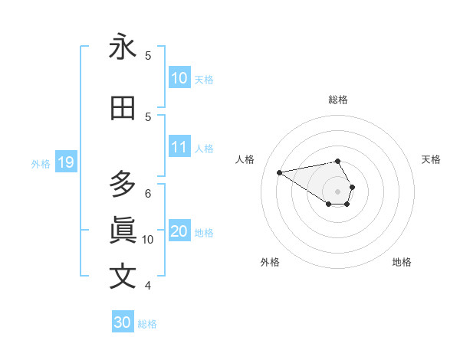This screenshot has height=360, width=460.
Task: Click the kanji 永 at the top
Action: [123, 47]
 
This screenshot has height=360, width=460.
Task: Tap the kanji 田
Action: [123, 109]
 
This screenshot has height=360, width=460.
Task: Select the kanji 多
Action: [123, 185]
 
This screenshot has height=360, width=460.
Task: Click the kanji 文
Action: [123, 276]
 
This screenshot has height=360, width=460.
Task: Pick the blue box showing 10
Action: [179, 78]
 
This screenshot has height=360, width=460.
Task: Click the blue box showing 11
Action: [179, 147]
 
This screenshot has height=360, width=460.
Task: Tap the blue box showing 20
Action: [179, 231]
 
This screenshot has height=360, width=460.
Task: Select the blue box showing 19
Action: [65, 162]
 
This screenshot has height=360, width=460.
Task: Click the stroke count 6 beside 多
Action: [148, 193]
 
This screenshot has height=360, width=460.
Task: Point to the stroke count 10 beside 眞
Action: [148, 239]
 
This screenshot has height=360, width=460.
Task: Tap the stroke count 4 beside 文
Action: [148, 285]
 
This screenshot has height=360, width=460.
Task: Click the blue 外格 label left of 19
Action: [41, 163]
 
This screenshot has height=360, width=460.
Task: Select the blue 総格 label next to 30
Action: [147, 323]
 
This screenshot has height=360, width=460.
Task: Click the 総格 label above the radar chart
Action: [338, 100]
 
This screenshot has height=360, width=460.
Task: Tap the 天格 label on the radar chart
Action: [431, 159]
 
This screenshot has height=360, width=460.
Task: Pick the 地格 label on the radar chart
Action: [402, 262]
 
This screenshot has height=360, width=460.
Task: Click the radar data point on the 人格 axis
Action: [279, 172]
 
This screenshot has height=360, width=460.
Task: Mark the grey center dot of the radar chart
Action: [338, 191]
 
